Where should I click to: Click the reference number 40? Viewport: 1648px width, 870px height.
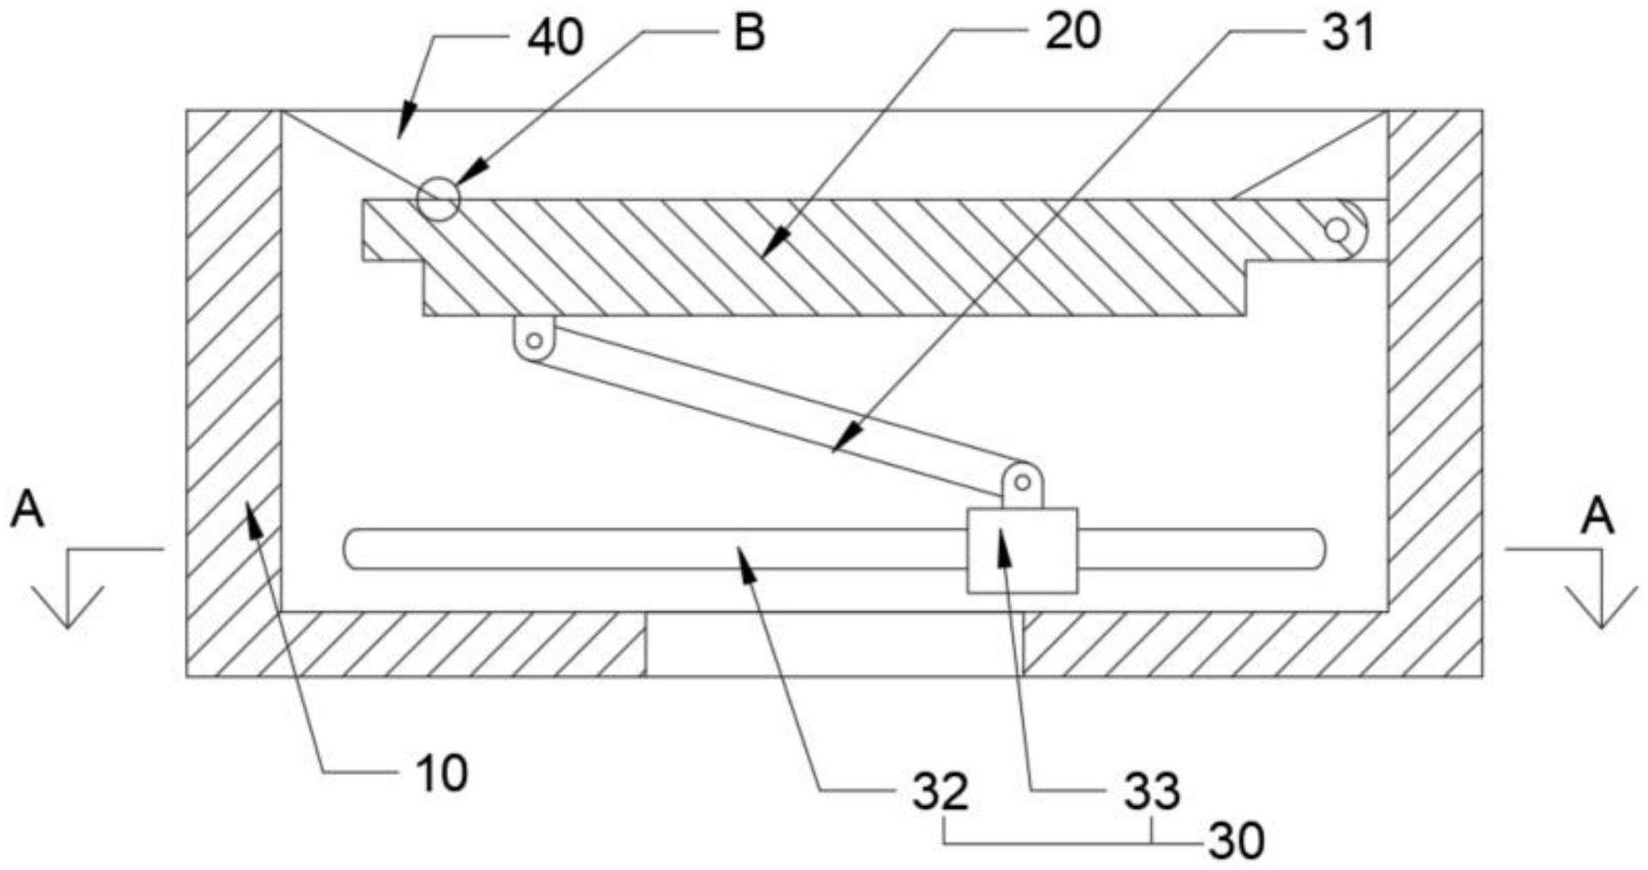[555, 39]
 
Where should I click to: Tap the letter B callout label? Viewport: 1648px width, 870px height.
[749, 34]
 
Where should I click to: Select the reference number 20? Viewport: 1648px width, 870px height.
[1073, 33]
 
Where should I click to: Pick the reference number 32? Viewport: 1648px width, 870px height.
[941, 791]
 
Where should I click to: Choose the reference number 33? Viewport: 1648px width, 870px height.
[1152, 791]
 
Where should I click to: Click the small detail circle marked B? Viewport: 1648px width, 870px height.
[438, 198]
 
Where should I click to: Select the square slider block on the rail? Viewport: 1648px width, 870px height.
[1021, 550]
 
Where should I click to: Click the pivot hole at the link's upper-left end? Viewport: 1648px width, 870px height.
[534, 341]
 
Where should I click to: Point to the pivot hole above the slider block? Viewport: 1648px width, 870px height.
[1022, 482]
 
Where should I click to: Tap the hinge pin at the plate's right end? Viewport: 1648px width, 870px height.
[1336, 229]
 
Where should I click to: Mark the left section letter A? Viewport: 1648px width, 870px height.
[27, 512]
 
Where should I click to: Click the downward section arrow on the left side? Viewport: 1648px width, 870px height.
[69, 603]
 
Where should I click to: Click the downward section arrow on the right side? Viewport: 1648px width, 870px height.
[1600, 603]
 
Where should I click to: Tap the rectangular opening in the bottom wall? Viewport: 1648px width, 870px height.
[834, 644]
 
